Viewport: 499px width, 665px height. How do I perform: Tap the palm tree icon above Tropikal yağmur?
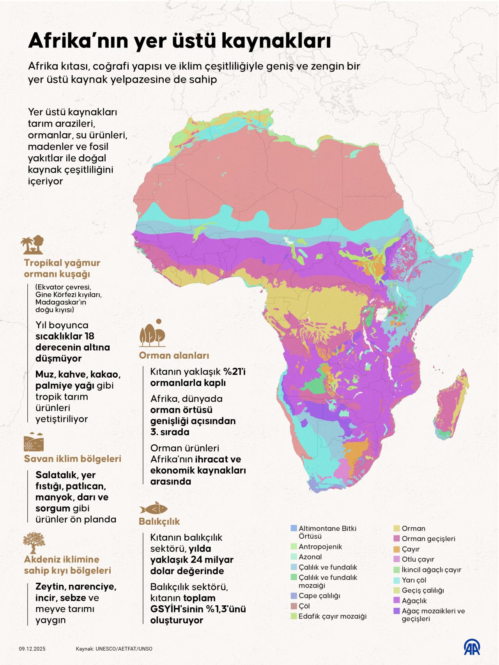pos(32,245)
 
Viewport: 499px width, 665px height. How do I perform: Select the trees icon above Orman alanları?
pos(153,334)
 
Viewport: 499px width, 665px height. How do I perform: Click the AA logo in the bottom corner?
pos(472,647)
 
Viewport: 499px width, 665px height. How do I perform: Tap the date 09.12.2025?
pos(32,649)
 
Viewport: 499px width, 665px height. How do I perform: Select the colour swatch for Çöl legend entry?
pos(294,606)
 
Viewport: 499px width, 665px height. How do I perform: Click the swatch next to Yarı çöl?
pos(396,580)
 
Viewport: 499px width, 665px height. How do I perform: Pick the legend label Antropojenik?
pos(320,547)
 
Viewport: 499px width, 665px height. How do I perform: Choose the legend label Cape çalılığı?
pos(319,596)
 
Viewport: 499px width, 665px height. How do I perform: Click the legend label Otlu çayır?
pos(418,559)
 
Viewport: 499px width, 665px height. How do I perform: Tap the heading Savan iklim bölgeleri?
pos(73,458)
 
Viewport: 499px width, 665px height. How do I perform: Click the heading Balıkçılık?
pos(159,521)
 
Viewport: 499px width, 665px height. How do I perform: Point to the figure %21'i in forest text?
pos(234,371)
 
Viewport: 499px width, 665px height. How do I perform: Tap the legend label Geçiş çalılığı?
pos(423,590)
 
